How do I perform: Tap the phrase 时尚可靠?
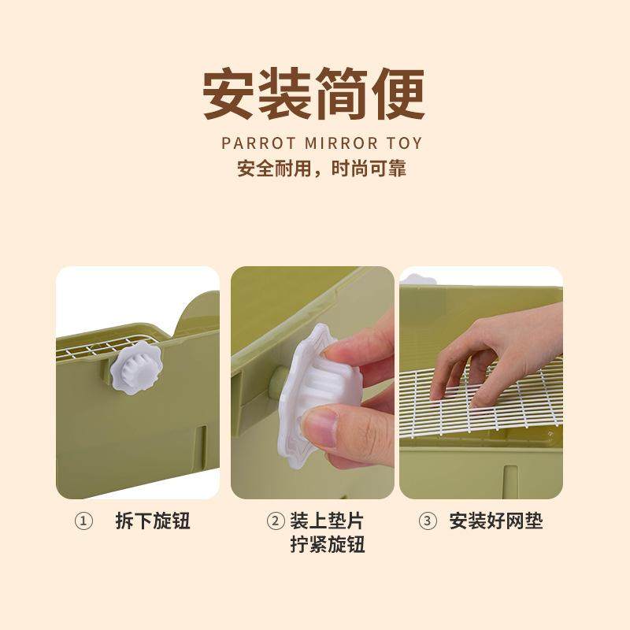369,168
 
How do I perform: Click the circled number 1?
83,521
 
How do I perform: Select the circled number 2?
276,521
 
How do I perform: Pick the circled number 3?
427,521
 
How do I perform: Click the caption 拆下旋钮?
153,521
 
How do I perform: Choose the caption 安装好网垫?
496,521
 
